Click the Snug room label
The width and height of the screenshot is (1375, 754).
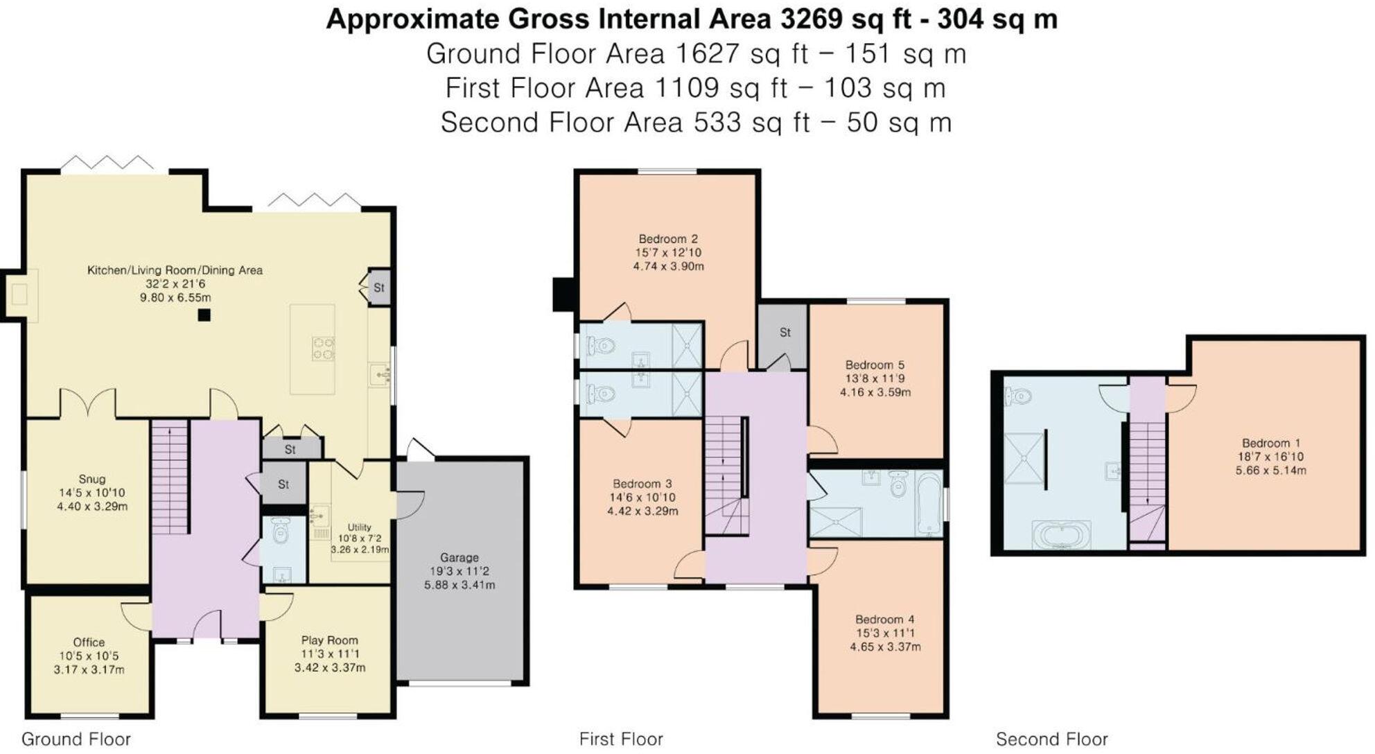click(x=92, y=479)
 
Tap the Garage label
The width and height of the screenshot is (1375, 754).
click(x=459, y=557)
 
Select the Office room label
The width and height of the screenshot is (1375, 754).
click(x=89, y=642)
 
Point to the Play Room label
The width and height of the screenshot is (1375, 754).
click(x=330, y=640)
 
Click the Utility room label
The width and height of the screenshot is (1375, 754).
click(x=359, y=527)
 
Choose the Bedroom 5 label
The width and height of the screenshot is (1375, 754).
click(x=875, y=365)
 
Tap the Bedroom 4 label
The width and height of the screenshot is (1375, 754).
click(x=885, y=620)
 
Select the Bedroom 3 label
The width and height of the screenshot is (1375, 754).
click(x=642, y=484)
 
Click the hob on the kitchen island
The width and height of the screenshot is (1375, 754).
click(x=322, y=349)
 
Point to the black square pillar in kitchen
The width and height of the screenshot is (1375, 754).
click(x=204, y=315)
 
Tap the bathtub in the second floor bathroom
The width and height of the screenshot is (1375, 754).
click(x=1062, y=536)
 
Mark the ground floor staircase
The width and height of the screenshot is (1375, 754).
click(x=170, y=478)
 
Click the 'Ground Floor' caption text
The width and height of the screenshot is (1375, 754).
click(x=76, y=739)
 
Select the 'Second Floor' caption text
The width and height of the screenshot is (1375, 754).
click(x=1052, y=739)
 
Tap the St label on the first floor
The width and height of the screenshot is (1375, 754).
click(x=785, y=333)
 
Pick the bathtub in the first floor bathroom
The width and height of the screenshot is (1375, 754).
click(x=929, y=503)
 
